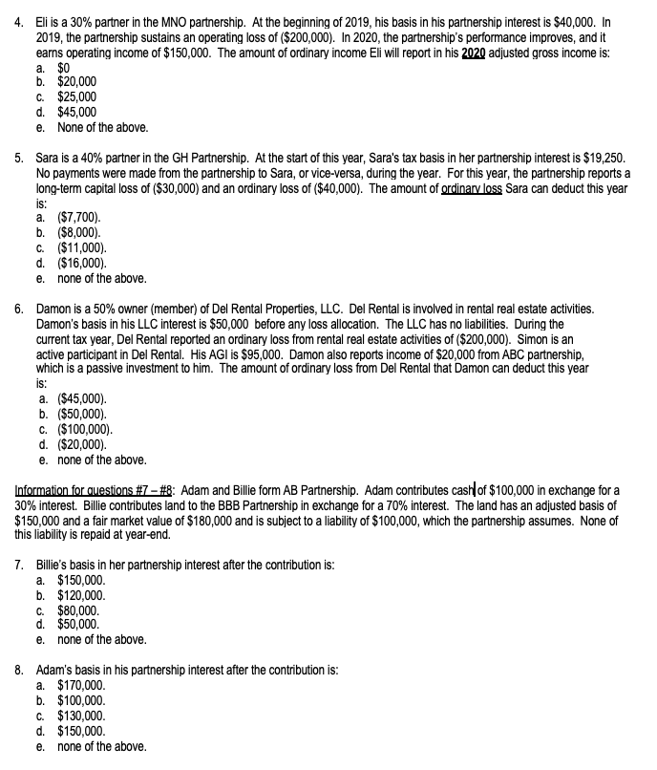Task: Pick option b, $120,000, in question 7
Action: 81,594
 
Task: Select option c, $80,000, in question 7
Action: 78,610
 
